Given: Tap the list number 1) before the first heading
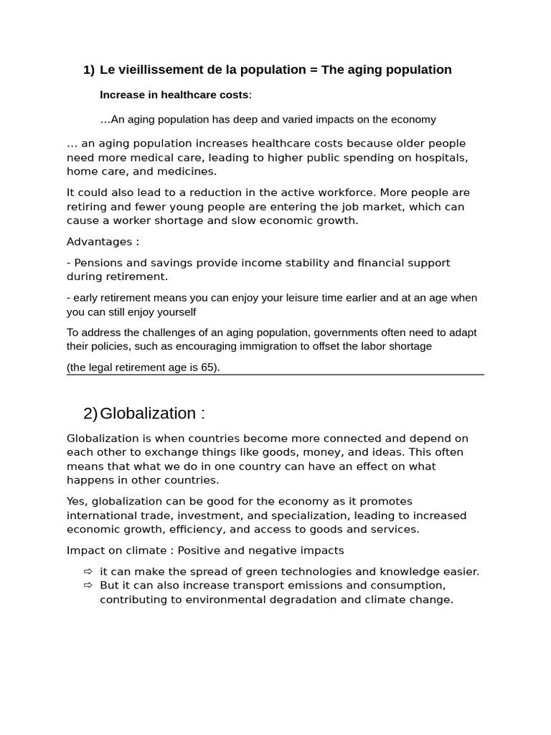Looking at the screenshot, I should click(88, 70).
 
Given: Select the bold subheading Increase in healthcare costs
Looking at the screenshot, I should click(174, 95).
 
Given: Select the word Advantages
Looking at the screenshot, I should click(99, 242).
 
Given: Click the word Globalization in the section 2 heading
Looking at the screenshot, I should click(148, 413).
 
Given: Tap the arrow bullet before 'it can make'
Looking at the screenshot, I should click(88, 571).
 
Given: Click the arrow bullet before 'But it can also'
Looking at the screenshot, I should click(88, 585).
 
